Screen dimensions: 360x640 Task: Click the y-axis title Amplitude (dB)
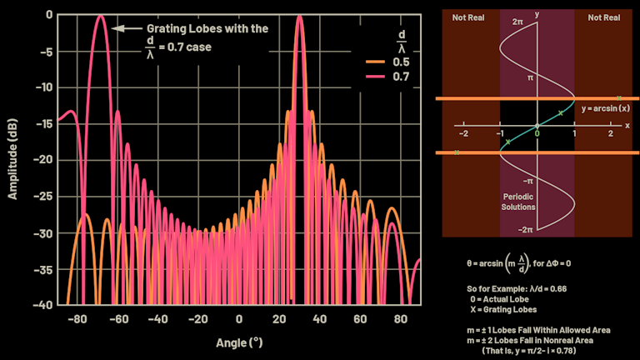pyautogui.click(x=13, y=159)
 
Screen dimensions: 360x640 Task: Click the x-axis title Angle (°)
pyautogui.click(x=239, y=342)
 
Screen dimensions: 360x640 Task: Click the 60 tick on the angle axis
pyautogui.click(x=359, y=319)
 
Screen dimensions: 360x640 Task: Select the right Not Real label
pyautogui.click(x=604, y=17)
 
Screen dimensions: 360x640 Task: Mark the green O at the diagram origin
pyautogui.click(x=537, y=126)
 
